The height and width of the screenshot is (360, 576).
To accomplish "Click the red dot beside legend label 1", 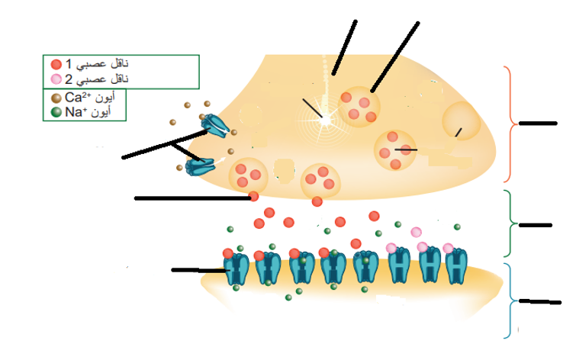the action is pos(56,64).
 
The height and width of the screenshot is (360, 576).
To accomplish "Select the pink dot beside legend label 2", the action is pos(56,79).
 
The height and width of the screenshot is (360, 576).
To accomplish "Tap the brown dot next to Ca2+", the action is pos(56,98).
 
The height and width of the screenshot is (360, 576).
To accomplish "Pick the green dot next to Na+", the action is pos(56,112).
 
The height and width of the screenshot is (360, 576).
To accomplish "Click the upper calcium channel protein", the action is pos(215,125).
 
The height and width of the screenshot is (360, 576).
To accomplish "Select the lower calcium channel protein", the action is pos(200,166).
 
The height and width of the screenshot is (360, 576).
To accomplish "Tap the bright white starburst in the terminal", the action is pos(325,120).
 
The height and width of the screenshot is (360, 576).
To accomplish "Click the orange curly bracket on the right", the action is pos(510,124).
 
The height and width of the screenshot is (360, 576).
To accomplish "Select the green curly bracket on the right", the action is pos(510,223).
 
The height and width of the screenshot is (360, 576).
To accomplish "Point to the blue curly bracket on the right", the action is pos(510,301).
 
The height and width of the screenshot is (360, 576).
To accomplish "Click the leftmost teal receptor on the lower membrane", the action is pos(237,268).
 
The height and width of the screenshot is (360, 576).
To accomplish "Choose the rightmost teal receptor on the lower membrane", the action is pos(456,266).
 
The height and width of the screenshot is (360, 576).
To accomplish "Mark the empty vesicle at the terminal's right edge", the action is pos(461,121).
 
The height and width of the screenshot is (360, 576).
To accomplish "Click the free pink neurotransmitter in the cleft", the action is pos(416,232).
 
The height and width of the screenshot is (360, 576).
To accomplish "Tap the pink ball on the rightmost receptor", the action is pos(448,249).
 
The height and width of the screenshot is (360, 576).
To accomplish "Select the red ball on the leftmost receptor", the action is pos(228,253).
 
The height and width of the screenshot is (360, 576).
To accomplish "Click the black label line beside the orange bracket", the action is pos(538,124).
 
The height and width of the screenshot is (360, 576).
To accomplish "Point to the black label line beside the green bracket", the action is pos(536,225).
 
